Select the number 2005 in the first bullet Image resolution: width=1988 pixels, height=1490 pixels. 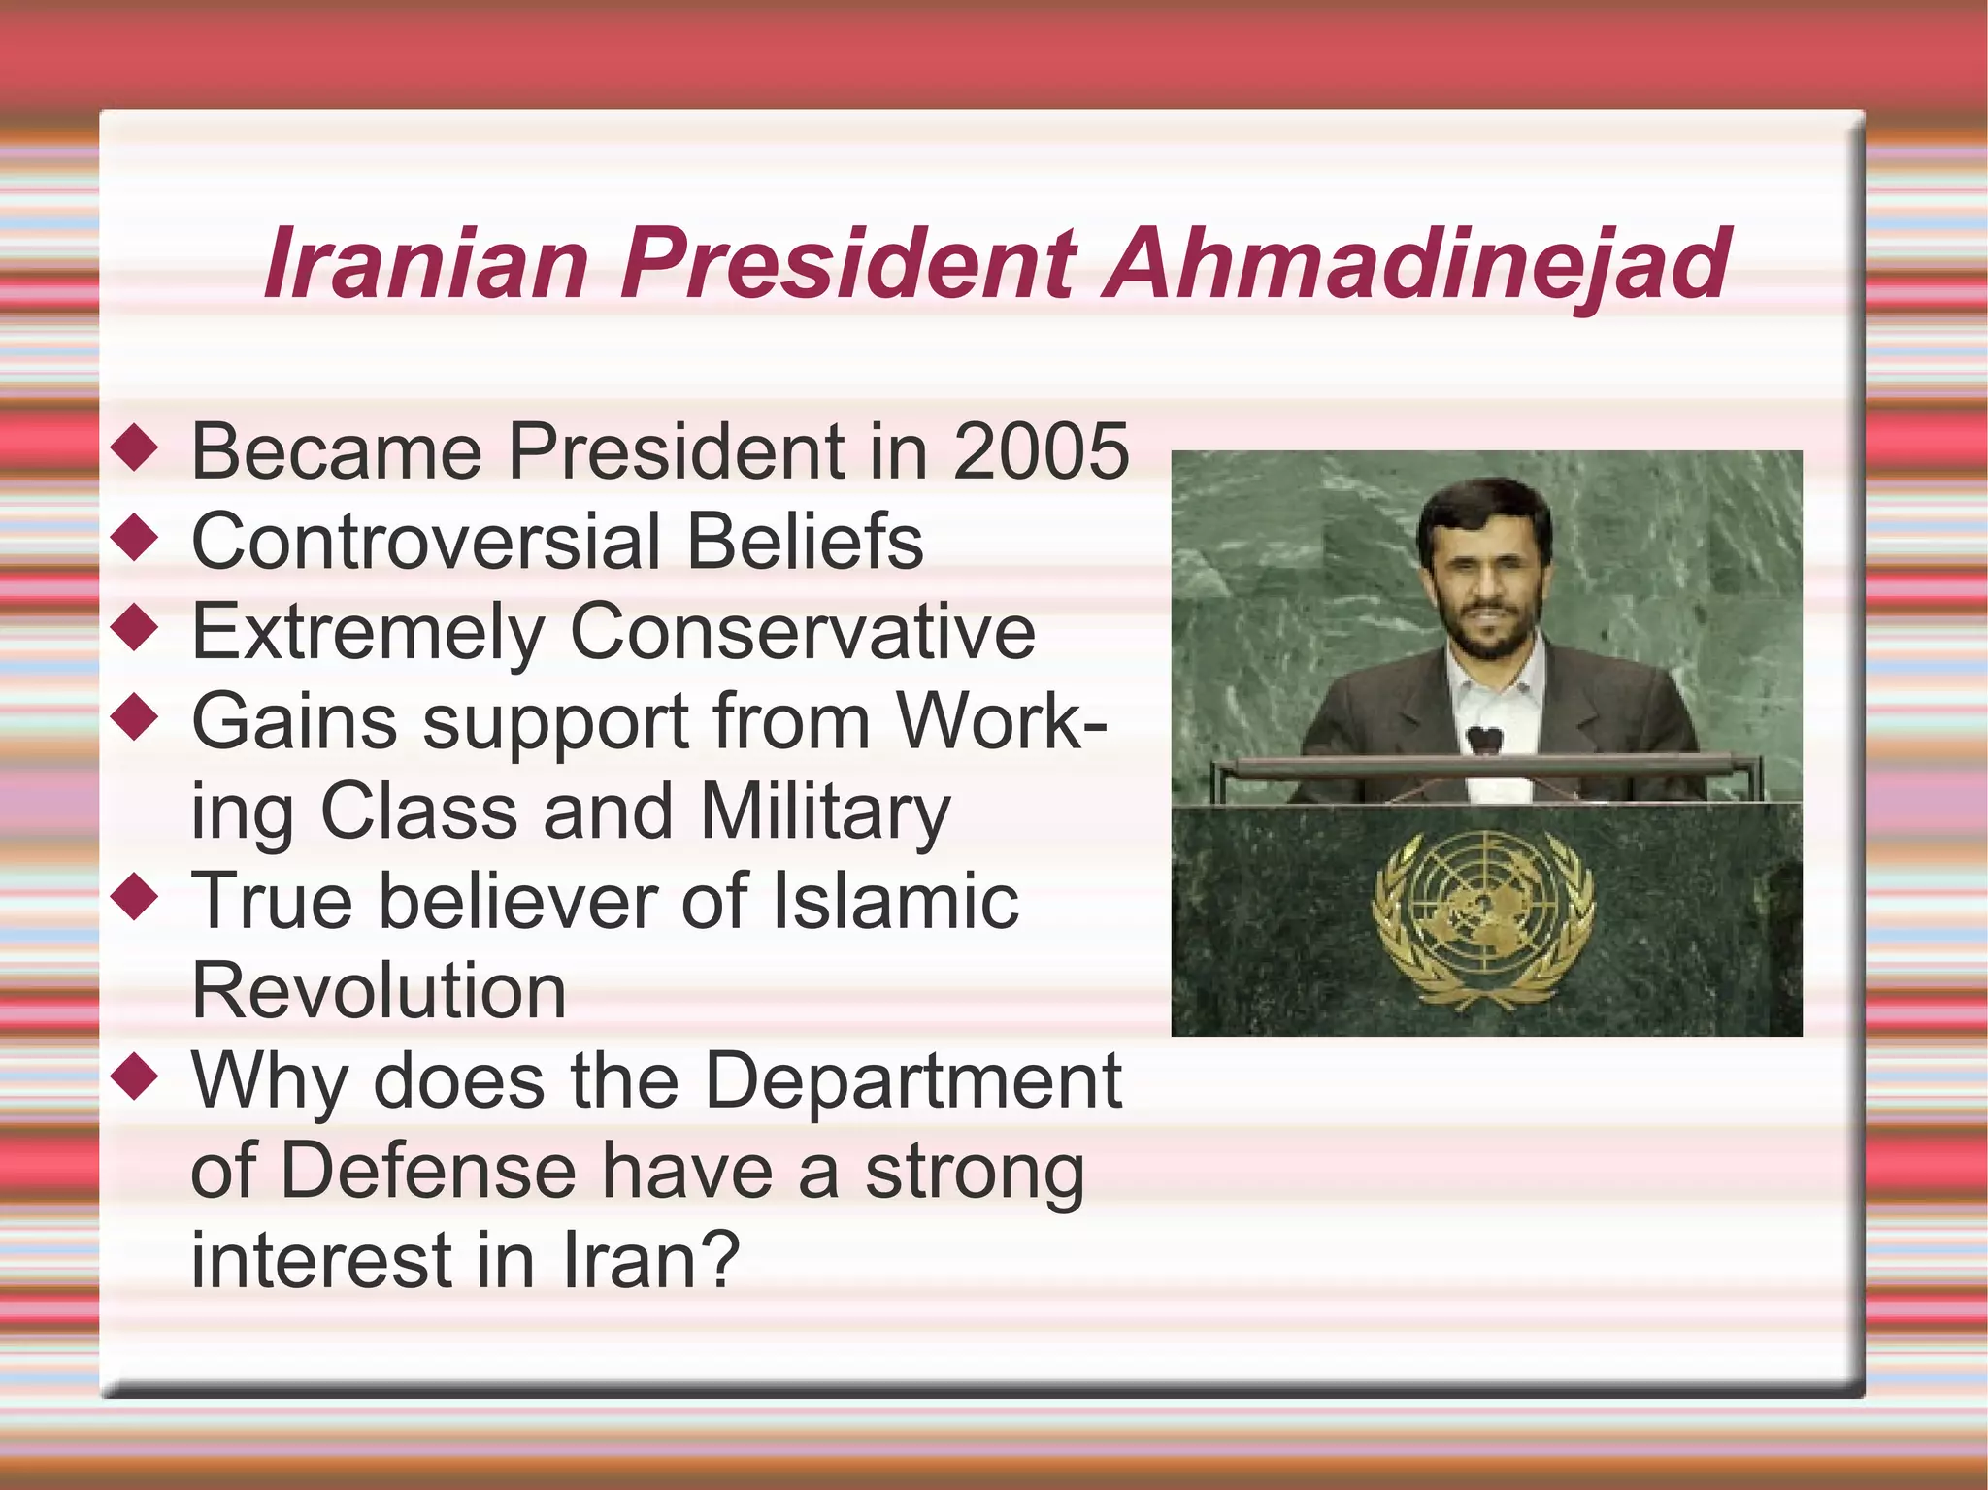coord(1041,451)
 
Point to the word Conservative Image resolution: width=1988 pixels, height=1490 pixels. coord(803,632)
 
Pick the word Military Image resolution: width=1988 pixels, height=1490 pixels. coord(825,812)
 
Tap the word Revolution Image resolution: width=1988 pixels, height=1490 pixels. coord(379,991)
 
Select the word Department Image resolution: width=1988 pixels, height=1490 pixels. coord(912,1080)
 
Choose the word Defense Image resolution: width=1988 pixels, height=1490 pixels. coord(428,1171)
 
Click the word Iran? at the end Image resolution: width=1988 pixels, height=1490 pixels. coord(651,1260)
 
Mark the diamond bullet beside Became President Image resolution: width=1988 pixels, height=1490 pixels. coord(135,447)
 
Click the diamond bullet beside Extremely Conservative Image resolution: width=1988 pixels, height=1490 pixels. coord(135,628)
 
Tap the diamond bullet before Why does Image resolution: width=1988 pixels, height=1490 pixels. coord(135,1076)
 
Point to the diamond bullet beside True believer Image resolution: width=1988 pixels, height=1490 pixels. coord(135,898)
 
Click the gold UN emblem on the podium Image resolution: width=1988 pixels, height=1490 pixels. coord(1483,917)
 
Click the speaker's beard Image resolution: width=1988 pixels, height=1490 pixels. coord(1482,636)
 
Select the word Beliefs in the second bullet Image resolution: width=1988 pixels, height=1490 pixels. coord(805,542)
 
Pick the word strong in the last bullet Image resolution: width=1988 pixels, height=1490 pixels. coord(975,1171)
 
